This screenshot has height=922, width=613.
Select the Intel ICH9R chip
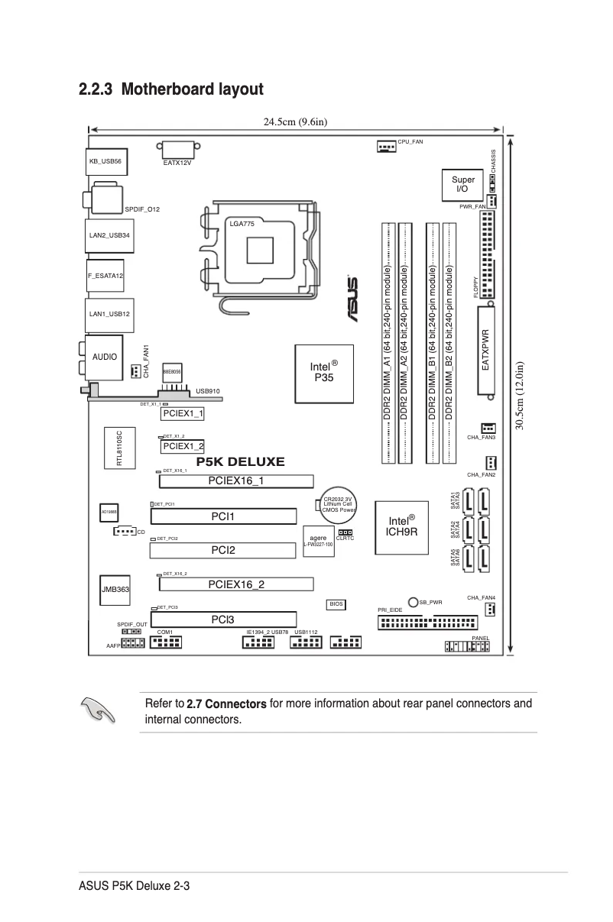[401, 526]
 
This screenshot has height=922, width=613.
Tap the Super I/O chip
[462, 183]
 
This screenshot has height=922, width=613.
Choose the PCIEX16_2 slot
[236, 584]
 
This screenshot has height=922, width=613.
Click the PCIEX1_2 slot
[183, 446]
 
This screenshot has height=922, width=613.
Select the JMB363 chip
[115, 590]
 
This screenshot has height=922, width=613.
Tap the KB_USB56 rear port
[105, 161]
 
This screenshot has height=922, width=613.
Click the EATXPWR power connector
[486, 351]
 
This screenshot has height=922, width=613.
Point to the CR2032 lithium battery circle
[336, 501]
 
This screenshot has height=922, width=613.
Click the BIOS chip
[336, 604]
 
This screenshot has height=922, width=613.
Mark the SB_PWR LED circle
[413, 602]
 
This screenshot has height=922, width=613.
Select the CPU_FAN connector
[385, 145]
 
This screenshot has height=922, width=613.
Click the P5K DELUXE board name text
[240, 462]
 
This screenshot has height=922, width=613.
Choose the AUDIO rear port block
[105, 357]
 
